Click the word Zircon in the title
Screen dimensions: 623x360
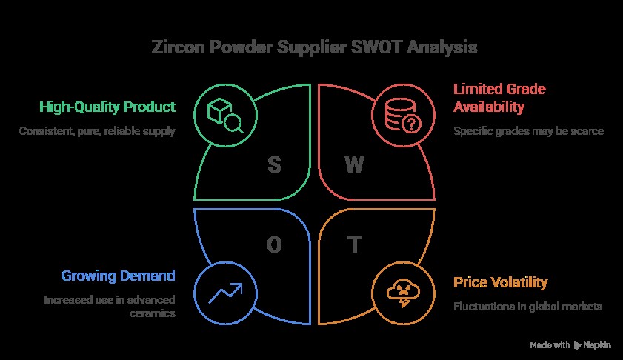pyautogui.click(x=179, y=47)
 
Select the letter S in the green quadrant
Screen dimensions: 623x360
pyautogui.click(x=274, y=164)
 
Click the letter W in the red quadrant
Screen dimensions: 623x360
pyautogui.click(x=354, y=164)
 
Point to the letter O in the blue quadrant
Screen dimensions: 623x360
pyautogui.click(x=274, y=244)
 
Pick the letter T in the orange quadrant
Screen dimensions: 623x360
pyautogui.click(x=354, y=244)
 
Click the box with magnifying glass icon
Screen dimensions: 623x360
pyautogui.click(x=225, y=116)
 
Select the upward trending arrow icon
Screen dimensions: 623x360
pyautogui.click(x=225, y=293)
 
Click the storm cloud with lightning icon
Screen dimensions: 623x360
pyautogui.click(x=403, y=293)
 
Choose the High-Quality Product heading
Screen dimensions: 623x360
pyautogui.click(x=107, y=107)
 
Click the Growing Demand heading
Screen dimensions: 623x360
pyautogui.click(x=119, y=276)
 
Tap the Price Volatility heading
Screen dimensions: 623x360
pyautogui.click(x=501, y=282)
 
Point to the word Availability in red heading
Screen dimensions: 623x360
pyautogui.click(x=489, y=107)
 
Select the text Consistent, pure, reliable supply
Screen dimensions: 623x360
pyautogui.click(x=97, y=131)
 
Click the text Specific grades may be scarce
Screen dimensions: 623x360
pyautogui.click(x=528, y=131)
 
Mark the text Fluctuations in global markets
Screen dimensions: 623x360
pyautogui.click(x=528, y=307)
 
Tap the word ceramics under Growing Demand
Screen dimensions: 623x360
pyautogui.click(x=153, y=313)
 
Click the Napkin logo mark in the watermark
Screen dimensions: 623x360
pyautogui.click(x=577, y=345)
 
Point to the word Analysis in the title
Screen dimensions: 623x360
pyautogui.click(x=442, y=47)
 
